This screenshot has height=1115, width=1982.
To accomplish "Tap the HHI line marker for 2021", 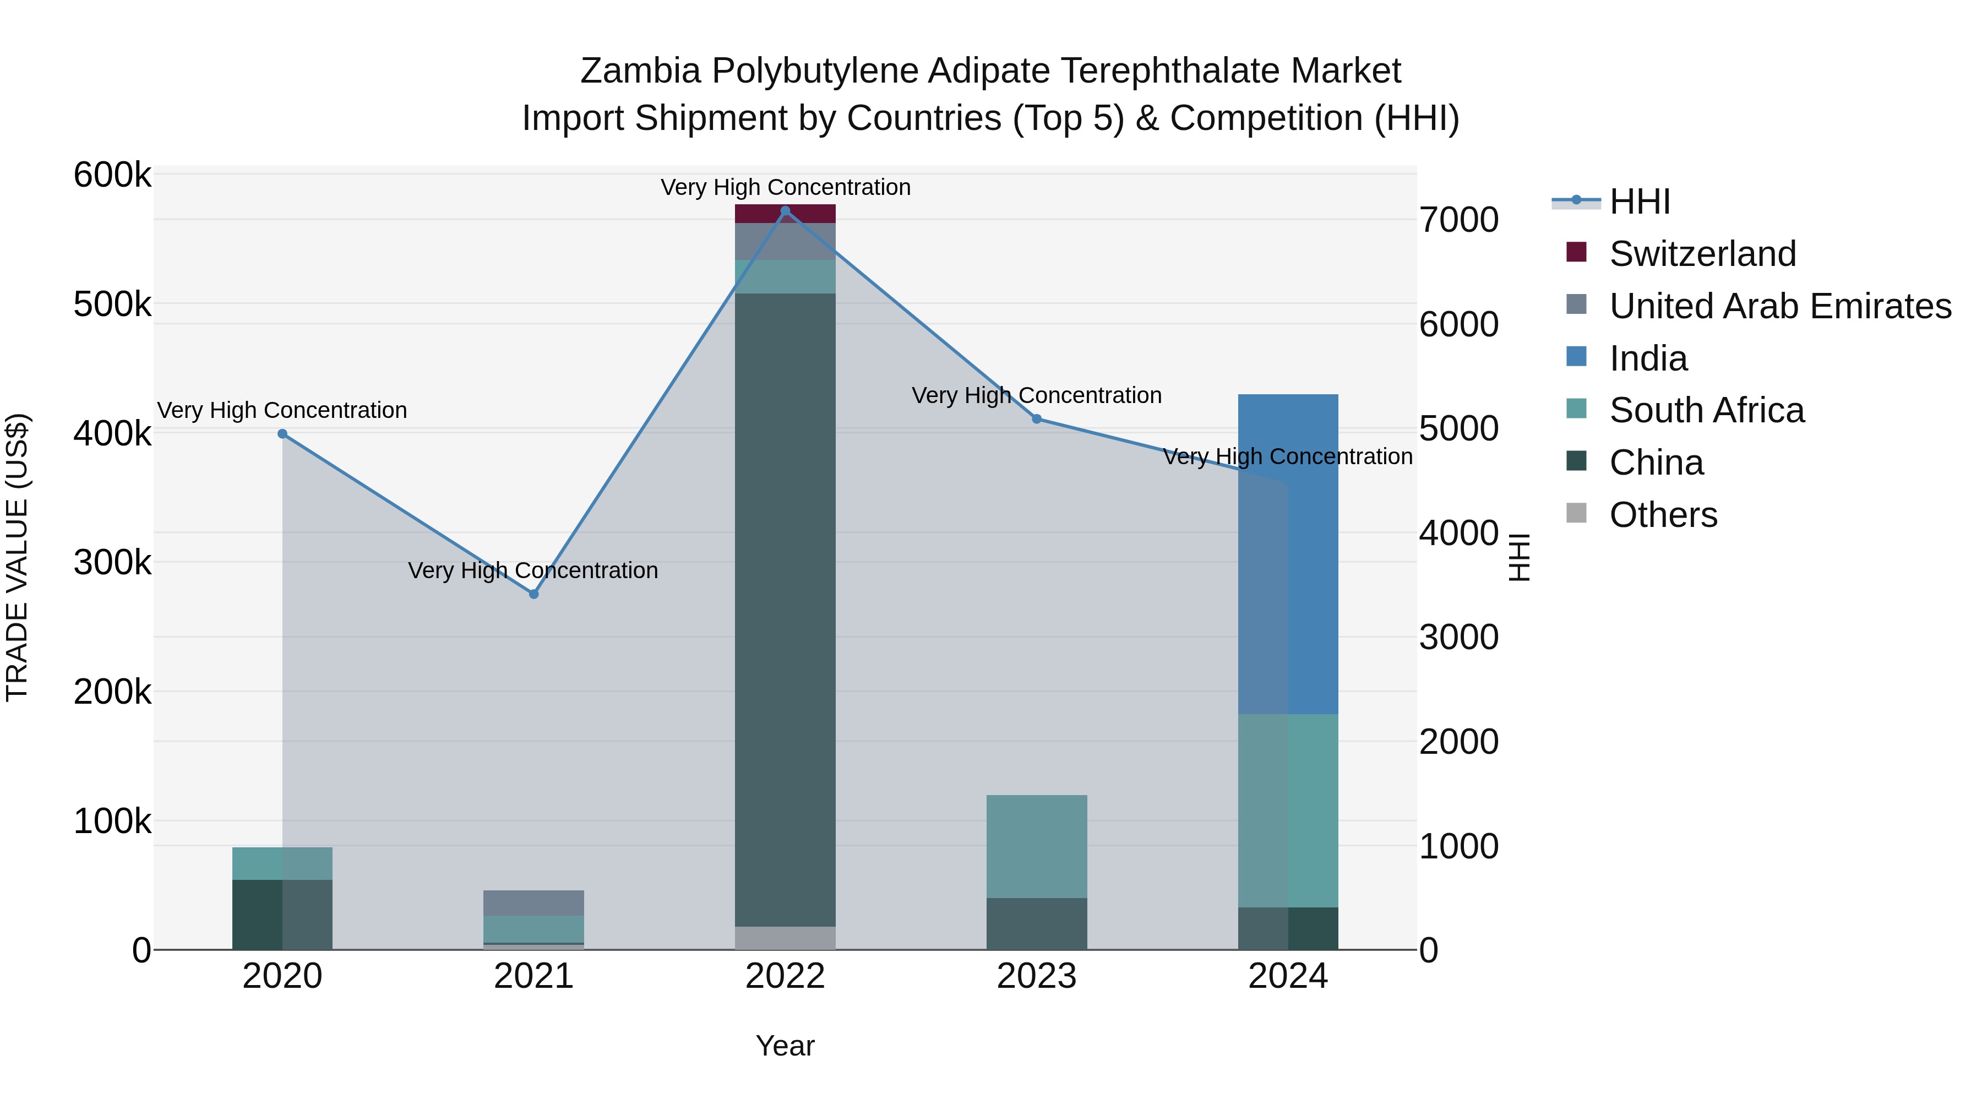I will pos(534,594).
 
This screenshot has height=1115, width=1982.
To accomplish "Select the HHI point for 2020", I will pos(282,434).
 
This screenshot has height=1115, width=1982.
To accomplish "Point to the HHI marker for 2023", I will pos(1036,420).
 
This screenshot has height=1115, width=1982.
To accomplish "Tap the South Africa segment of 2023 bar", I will pos(1036,846).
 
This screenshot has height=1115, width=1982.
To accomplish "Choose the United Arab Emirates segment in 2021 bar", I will pos(534,902).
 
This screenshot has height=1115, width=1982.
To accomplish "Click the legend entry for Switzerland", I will pos(1702,254).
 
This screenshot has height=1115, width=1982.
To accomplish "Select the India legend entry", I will pos(1648,358).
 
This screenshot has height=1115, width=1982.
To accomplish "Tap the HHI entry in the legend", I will pos(1639,202).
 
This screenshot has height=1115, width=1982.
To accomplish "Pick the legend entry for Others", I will pos(1662,515).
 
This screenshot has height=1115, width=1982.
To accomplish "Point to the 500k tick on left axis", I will pos(112,304).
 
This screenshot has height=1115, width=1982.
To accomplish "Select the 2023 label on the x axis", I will pos(1036,976).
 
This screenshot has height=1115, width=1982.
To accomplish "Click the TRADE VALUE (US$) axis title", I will pos(17,557).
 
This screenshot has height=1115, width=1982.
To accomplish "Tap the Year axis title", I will pos(785,1046).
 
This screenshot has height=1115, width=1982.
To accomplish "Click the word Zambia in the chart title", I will pos(640,71).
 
